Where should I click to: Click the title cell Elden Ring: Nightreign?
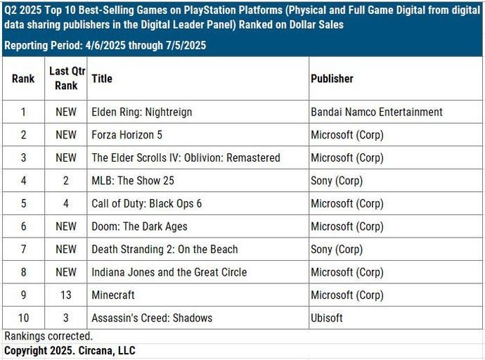[x=141, y=112]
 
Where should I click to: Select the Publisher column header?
[x=332, y=79]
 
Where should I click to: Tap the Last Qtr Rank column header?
[x=65, y=78]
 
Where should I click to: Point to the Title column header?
[x=102, y=79]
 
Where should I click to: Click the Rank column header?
[x=23, y=79]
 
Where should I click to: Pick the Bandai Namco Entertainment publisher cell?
[x=377, y=112]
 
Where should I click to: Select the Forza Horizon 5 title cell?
[x=127, y=134]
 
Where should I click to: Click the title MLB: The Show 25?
[x=133, y=181]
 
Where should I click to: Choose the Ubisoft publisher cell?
[x=327, y=318]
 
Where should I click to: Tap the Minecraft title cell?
[x=113, y=295]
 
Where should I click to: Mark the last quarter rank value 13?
[x=65, y=295]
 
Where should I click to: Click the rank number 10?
[x=23, y=318]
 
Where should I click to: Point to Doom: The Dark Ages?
[x=139, y=226]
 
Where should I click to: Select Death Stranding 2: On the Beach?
[x=164, y=249]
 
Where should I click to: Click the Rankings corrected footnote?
[x=48, y=336]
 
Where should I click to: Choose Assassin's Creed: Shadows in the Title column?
[x=153, y=318]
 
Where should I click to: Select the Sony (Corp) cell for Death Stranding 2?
[x=337, y=249]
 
